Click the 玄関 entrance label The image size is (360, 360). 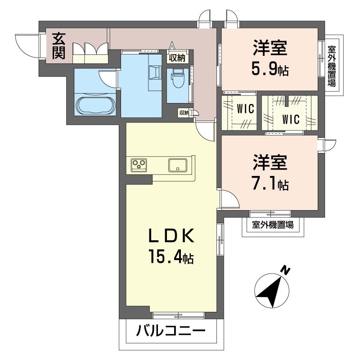click(59, 46)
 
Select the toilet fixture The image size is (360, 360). click(178, 78)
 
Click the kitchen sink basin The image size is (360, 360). click(177, 165)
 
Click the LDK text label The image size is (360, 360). click(171, 236)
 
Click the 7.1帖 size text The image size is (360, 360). click(270, 184)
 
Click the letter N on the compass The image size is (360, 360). click(285, 270)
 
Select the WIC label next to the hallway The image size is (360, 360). click(245, 108)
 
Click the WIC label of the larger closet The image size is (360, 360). click(291, 119)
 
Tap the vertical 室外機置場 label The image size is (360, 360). click(331, 66)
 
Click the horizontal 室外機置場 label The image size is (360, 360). click(273, 224)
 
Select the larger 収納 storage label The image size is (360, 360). click(177, 58)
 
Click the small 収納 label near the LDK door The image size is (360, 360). click(184, 113)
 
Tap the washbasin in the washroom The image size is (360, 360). click(155, 72)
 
